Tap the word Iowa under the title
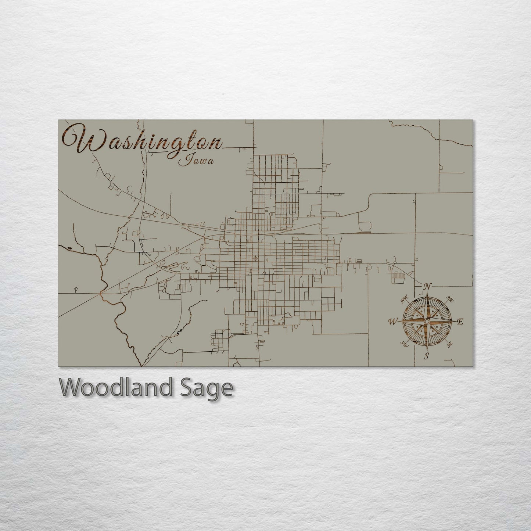[196, 160]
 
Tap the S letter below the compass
[426, 356]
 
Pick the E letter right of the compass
[460, 322]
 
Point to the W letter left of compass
[392, 322]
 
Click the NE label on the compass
[449, 299]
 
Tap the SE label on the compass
[449, 344]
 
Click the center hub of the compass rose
[426, 322]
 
